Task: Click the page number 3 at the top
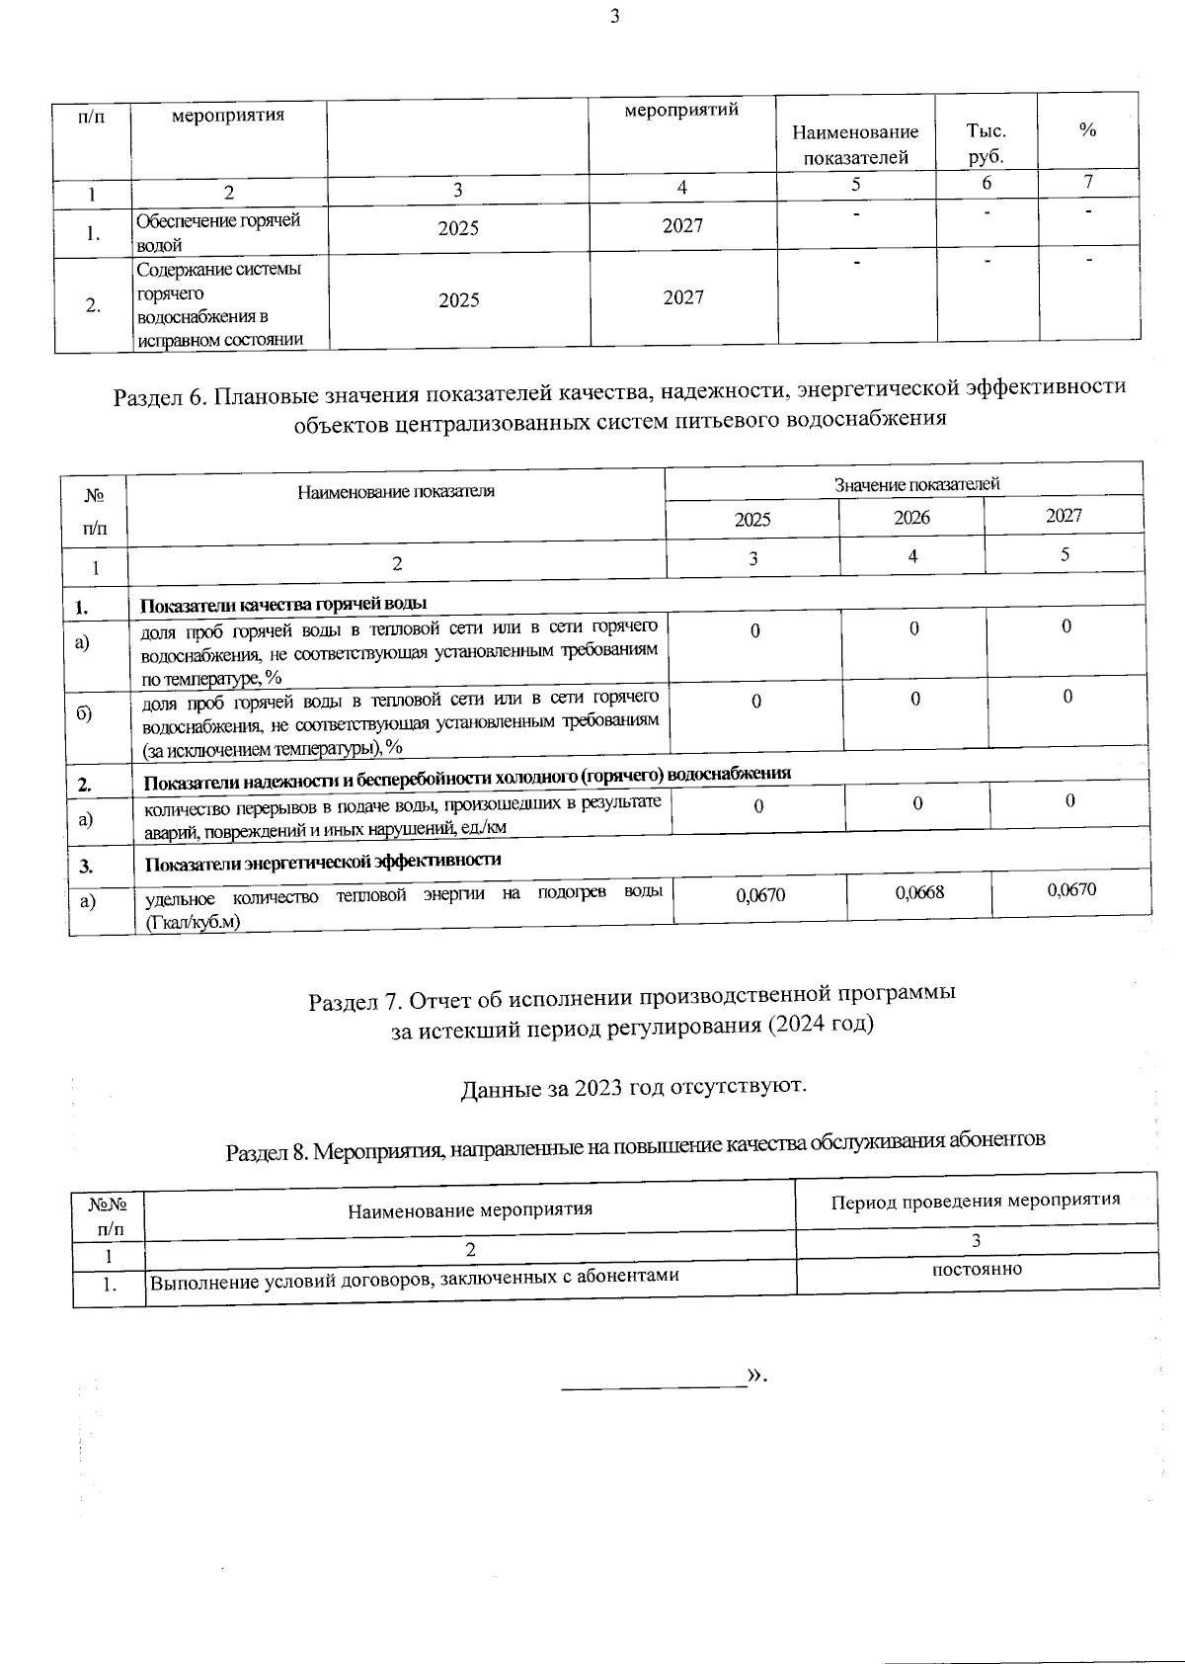click(x=614, y=16)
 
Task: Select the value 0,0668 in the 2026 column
click(x=919, y=892)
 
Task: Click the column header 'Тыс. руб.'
click(x=986, y=143)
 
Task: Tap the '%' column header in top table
click(x=1087, y=130)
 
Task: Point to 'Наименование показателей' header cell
click(x=855, y=144)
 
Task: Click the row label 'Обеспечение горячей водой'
click(x=217, y=232)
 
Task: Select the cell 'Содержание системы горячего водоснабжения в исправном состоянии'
click(x=218, y=304)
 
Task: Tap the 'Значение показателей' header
click(x=916, y=484)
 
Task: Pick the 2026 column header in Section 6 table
click(x=911, y=517)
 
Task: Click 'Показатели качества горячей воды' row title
click(x=283, y=604)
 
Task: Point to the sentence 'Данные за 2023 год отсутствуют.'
click(x=634, y=1087)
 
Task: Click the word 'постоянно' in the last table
click(x=977, y=1269)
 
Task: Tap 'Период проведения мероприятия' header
click(x=975, y=1200)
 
